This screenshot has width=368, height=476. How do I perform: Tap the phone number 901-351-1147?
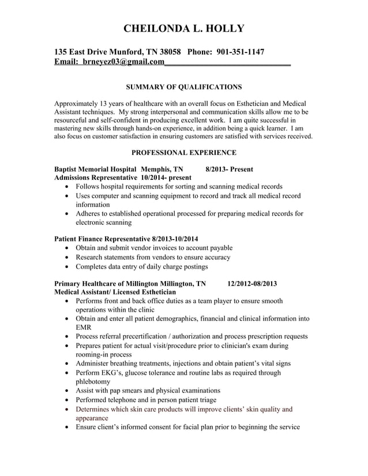(241, 52)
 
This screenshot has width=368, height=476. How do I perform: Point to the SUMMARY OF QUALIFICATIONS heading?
(184, 87)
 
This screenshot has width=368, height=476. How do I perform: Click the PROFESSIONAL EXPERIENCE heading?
(184, 153)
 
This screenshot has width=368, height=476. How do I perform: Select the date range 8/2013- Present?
(229, 169)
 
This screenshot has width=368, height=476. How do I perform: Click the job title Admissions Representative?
(96, 178)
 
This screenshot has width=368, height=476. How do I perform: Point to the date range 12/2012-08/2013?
(252, 284)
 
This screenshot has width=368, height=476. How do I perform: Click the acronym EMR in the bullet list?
(84, 327)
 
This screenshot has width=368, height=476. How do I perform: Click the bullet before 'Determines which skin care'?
(69, 410)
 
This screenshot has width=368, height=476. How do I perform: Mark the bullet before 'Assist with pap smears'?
(69, 391)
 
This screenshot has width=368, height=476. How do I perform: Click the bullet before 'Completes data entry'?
(69, 267)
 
